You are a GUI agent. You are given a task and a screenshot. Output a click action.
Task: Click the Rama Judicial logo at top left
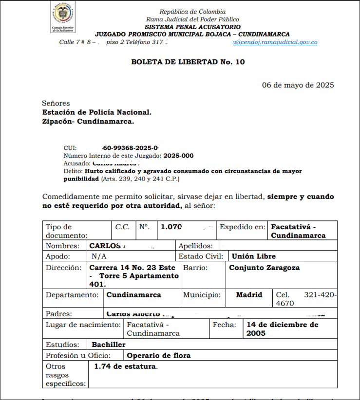63,17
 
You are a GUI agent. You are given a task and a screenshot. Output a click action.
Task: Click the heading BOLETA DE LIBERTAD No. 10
188,62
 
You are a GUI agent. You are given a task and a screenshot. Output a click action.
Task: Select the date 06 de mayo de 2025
298,85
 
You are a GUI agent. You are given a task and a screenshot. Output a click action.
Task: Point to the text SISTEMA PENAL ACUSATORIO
192,27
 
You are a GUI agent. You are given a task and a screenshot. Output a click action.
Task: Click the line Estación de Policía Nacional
96,112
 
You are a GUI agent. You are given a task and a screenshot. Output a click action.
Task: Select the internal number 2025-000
179,156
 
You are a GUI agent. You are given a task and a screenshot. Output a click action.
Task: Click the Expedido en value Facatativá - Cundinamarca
298,231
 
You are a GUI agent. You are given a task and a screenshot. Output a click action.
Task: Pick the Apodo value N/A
99,256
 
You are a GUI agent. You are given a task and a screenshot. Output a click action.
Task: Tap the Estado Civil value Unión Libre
254,256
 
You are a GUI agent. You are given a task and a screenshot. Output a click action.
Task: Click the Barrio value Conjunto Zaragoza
265,268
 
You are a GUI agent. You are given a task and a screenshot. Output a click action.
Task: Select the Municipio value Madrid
249,295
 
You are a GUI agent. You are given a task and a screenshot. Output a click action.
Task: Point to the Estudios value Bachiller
109,345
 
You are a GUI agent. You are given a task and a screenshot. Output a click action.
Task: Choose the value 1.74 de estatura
126,366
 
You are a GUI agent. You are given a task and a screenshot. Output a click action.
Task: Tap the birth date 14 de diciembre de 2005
283,329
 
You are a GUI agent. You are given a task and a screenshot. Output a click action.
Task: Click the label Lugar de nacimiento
83,325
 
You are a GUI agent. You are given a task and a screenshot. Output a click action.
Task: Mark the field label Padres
59,314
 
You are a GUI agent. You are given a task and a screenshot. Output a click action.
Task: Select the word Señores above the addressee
56,103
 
